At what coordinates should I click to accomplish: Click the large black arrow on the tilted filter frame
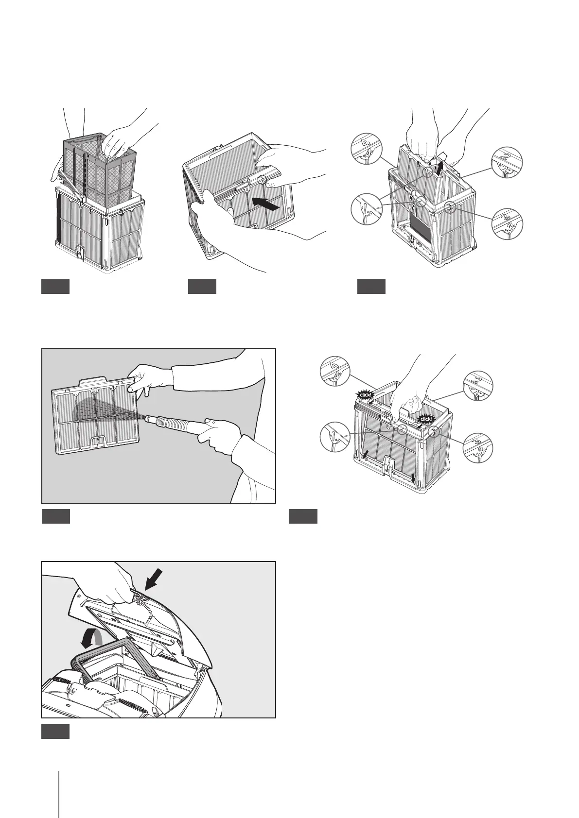(266, 203)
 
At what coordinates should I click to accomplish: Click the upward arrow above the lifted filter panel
(441, 167)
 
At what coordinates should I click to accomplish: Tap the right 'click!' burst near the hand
(426, 419)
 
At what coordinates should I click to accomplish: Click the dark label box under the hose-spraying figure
(56, 516)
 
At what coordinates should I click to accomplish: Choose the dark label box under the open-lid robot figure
(56, 732)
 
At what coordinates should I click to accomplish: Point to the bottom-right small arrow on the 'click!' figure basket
(414, 478)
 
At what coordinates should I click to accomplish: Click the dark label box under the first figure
(55, 287)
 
